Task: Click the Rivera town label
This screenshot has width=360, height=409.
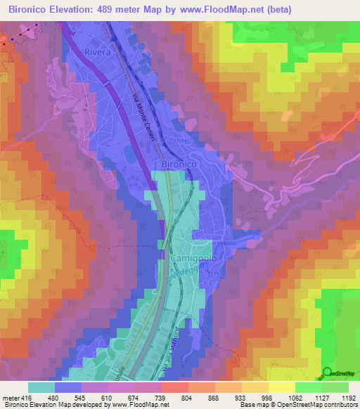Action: [x=98, y=53]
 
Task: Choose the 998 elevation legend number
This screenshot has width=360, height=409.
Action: [x=268, y=397]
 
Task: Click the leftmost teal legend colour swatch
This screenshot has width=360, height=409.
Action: [x=41, y=387]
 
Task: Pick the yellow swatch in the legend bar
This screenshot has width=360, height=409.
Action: [x=281, y=387]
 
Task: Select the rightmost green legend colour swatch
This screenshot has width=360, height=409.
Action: [x=335, y=387]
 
